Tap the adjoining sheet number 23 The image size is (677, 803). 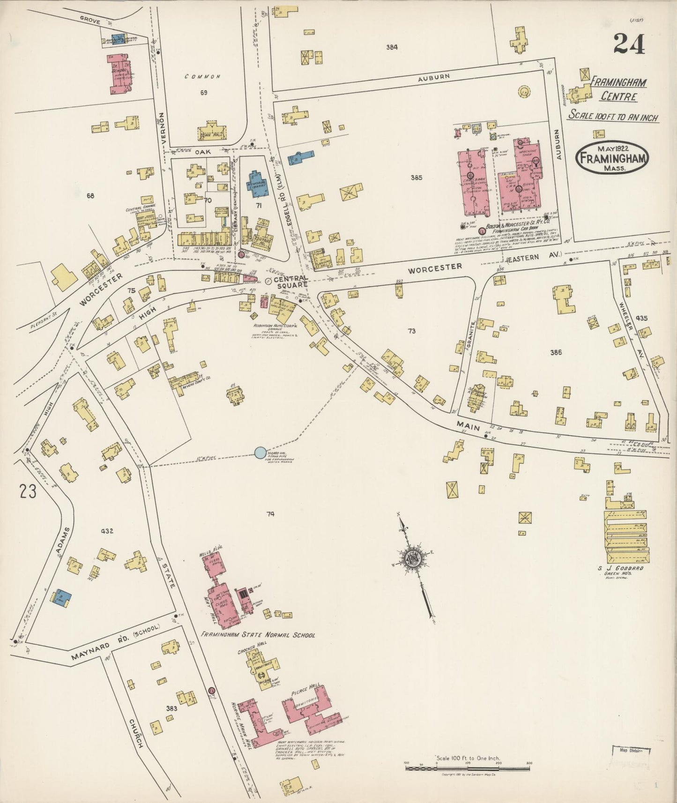tap(28, 492)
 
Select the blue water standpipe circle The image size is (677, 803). tap(260, 453)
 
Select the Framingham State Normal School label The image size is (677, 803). tap(258, 635)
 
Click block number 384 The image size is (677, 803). tap(392, 47)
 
